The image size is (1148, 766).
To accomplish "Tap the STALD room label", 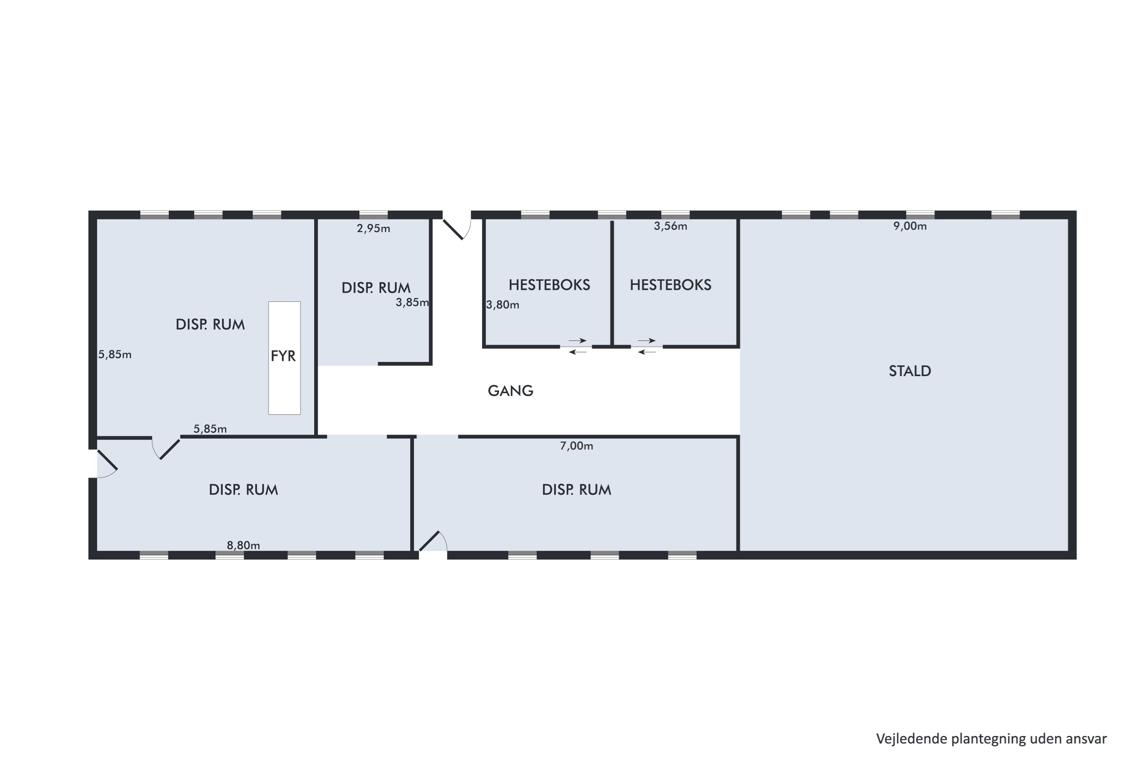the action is (910, 371).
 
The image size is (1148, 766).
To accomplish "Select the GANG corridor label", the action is (510, 391).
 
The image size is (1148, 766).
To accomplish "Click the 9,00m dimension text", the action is (910, 226).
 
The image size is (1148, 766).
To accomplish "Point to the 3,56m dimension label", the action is (671, 226).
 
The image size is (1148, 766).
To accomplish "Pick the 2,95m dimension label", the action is (373, 229).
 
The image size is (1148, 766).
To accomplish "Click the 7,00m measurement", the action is (576, 446).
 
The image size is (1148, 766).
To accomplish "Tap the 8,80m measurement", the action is (243, 545).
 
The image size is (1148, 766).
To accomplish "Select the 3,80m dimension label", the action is (503, 305).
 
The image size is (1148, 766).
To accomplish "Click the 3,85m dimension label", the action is (412, 303).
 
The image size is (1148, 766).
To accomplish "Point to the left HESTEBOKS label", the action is (550, 285).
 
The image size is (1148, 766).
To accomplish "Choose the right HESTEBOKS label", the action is (671, 285).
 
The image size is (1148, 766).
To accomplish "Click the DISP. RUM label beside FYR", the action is (210, 325).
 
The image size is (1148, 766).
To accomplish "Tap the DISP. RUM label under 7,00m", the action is (576, 490).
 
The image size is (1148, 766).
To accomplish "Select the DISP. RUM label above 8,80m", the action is (243, 490).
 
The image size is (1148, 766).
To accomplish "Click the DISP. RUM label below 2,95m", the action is (376, 288).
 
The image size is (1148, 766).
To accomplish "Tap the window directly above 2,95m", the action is (373, 215).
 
